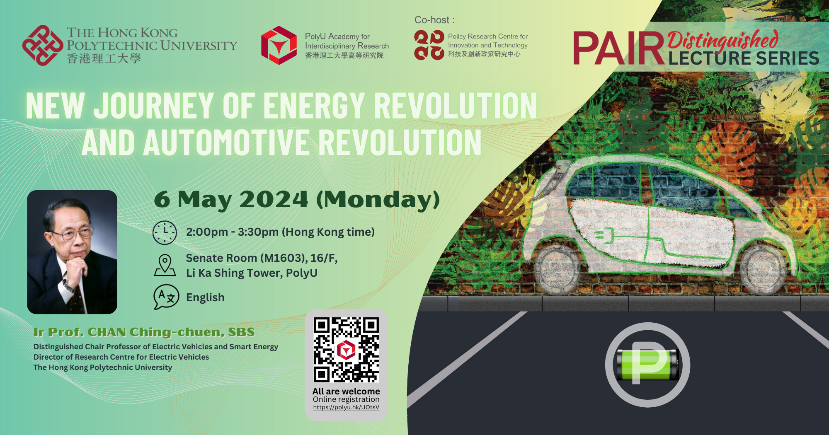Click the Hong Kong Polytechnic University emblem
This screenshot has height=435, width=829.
43,45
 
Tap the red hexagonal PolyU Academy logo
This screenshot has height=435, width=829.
279,45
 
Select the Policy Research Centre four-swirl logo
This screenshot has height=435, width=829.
429,45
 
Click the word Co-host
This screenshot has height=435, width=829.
432,20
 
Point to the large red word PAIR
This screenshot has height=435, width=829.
619,49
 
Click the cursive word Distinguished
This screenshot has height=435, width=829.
723,40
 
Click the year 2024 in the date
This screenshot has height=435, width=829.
274,199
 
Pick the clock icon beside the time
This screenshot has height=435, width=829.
165,232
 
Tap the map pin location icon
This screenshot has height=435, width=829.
165,265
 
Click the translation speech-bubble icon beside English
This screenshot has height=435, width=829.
166,297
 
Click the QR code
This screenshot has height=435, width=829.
346,350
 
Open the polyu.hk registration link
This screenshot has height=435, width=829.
346,407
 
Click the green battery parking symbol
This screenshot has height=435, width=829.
647,365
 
